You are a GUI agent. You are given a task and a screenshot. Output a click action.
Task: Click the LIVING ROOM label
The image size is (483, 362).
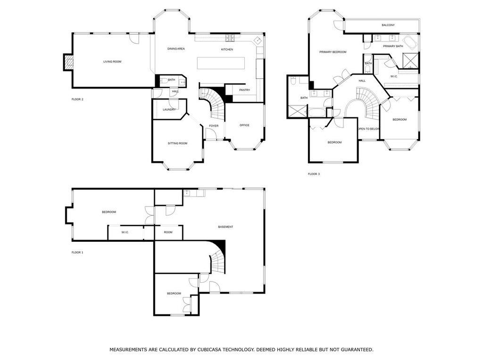click(113, 61)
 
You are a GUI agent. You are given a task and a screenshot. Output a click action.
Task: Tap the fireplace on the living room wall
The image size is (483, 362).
click(69, 61)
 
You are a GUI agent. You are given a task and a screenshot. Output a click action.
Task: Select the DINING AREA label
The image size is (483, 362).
click(176, 49)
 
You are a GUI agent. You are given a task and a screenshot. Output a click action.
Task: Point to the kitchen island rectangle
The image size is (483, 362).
click(221, 62)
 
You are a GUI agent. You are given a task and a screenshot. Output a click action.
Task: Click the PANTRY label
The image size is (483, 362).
click(244, 90)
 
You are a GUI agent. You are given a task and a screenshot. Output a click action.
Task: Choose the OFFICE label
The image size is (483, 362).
click(244, 125)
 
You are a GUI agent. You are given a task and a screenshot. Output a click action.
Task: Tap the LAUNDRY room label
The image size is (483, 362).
click(169, 109)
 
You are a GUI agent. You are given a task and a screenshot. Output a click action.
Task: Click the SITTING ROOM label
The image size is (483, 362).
click(178, 143)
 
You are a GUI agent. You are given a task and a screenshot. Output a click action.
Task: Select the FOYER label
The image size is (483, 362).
click(214, 125)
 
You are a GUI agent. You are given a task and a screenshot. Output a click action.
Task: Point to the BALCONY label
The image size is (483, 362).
click(388, 25)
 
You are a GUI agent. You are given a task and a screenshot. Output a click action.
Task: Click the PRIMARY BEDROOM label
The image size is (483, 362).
click(333, 52)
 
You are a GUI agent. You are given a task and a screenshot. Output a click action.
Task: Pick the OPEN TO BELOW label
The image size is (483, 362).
click(368, 129)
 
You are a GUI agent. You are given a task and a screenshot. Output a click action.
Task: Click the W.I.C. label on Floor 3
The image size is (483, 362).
click(394, 76)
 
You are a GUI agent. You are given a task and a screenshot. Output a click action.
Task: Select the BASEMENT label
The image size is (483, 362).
click(225, 227)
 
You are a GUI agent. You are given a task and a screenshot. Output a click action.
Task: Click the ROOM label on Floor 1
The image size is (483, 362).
click(168, 232)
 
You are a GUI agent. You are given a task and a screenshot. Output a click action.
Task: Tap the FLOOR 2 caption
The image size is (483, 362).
click(77, 99)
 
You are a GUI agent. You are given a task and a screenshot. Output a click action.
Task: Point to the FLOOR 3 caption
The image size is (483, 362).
click(314, 174)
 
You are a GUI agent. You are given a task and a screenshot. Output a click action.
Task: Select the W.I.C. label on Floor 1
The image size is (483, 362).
click(125, 232)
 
